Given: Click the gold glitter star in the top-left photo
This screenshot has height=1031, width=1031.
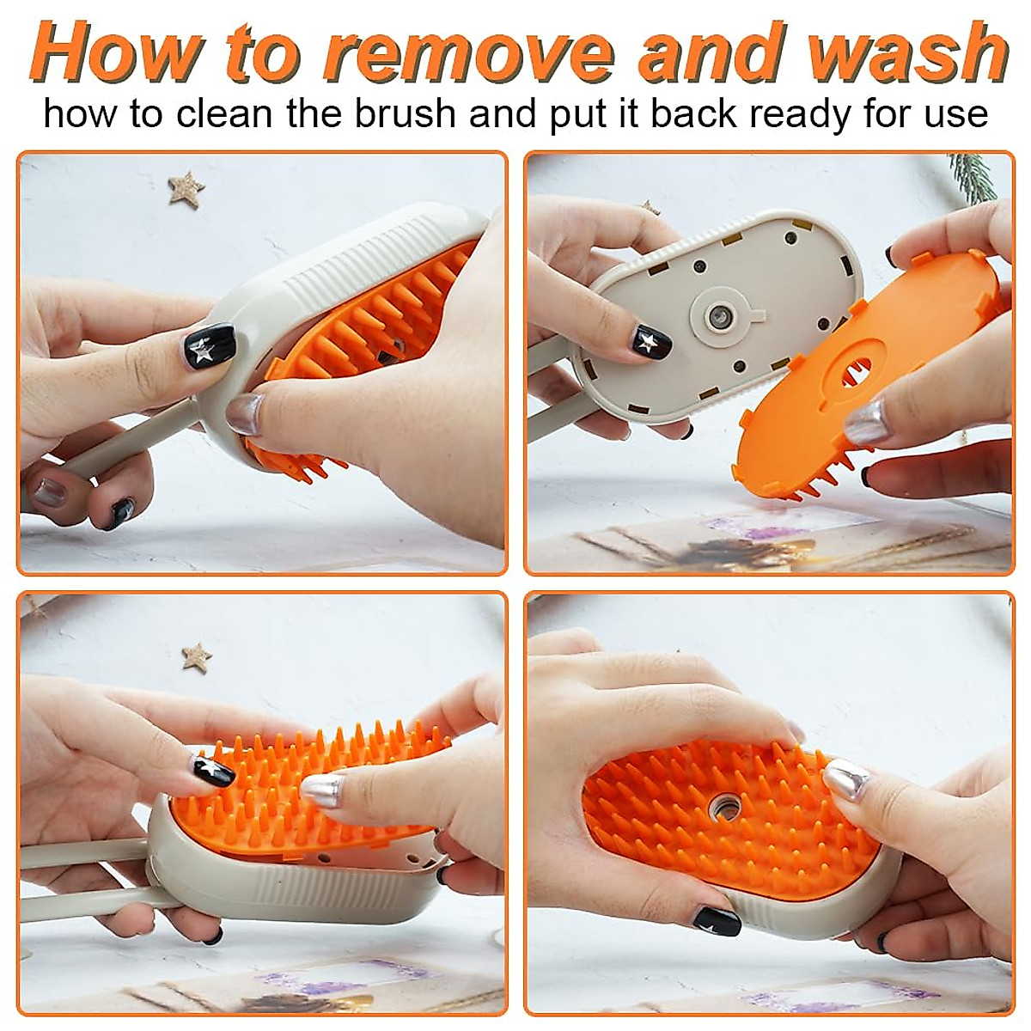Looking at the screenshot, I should [186, 187].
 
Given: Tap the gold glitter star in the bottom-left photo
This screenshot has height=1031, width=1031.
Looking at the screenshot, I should [197, 657].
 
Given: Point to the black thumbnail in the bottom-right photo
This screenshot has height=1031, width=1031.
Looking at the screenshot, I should [717, 920].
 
